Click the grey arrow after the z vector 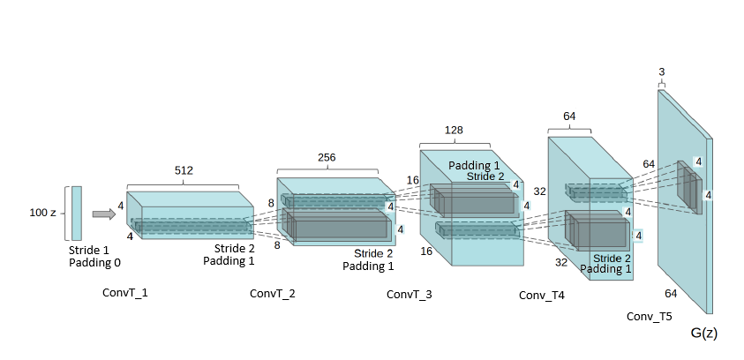(104, 214)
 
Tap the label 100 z (42, 213)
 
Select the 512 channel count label (184, 170)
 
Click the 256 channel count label (327, 157)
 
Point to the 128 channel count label (454, 130)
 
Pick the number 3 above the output (661, 72)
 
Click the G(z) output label (704, 333)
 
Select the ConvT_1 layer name (125, 293)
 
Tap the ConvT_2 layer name (273, 294)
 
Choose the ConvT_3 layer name (410, 294)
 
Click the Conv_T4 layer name (542, 295)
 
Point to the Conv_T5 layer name (649, 317)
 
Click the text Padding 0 (95, 262)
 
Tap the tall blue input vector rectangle (77, 214)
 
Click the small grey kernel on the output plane (689, 187)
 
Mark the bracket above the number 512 (183, 185)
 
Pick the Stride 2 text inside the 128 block (485, 176)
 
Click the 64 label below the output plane (671, 294)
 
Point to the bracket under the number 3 (661, 84)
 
